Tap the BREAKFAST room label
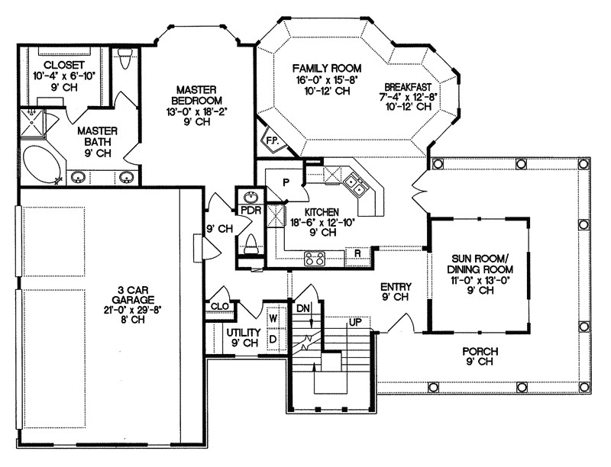pyautogui.click(x=409, y=86)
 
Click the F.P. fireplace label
pyautogui.click(x=272, y=140)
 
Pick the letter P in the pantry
pyautogui.click(x=285, y=182)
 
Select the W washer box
pyautogui.click(x=273, y=315)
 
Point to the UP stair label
pyautogui.click(x=354, y=322)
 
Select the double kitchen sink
pyautogui.click(x=354, y=182)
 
